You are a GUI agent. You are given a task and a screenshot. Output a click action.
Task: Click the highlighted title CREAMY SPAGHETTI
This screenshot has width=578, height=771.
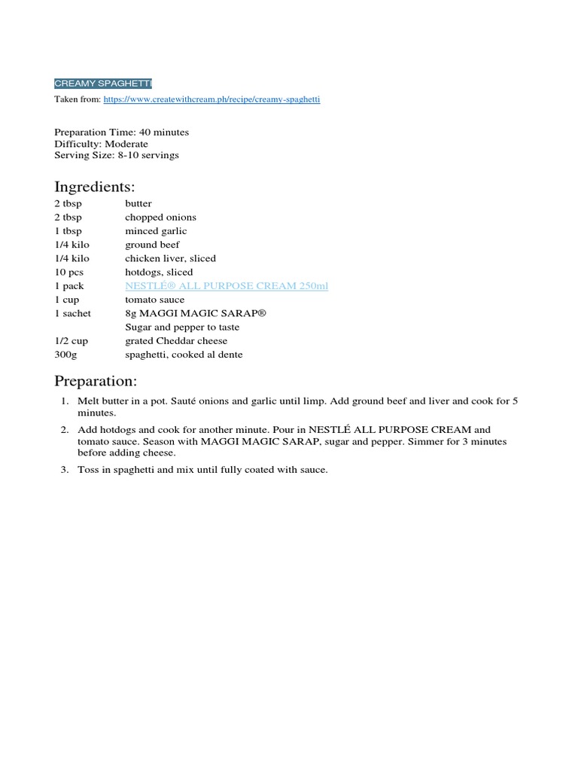click(x=102, y=83)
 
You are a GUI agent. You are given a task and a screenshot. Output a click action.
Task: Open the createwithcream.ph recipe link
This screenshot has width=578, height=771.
click(x=211, y=99)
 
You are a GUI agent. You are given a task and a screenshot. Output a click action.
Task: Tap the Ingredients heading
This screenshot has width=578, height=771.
click(x=94, y=186)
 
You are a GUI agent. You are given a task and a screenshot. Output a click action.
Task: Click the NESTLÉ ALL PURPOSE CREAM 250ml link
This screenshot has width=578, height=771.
click(x=227, y=286)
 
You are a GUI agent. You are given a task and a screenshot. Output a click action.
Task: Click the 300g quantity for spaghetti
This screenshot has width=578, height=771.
click(x=66, y=355)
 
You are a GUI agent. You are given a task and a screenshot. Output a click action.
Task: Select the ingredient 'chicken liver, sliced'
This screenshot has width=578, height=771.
click(x=170, y=258)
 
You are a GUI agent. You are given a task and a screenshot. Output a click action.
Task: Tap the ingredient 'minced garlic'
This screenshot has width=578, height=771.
click(x=156, y=231)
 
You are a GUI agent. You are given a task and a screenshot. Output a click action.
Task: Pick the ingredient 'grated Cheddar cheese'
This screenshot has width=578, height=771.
click(x=176, y=341)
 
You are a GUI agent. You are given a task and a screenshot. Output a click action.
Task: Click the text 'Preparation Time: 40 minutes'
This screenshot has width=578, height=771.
click(x=121, y=132)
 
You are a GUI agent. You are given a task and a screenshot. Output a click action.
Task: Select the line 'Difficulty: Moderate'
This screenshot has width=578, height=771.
click(x=101, y=144)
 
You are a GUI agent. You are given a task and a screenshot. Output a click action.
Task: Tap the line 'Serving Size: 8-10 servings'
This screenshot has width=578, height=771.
click(x=117, y=155)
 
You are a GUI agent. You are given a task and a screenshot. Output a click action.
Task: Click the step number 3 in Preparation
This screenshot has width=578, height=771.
click(x=65, y=470)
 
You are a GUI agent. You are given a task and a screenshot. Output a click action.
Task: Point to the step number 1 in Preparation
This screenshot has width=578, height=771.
click(x=65, y=401)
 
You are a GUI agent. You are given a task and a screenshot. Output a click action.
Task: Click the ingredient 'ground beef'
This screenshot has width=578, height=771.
click(x=152, y=245)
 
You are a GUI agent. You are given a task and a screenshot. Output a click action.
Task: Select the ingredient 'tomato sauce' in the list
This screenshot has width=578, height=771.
click(x=154, y=300)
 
